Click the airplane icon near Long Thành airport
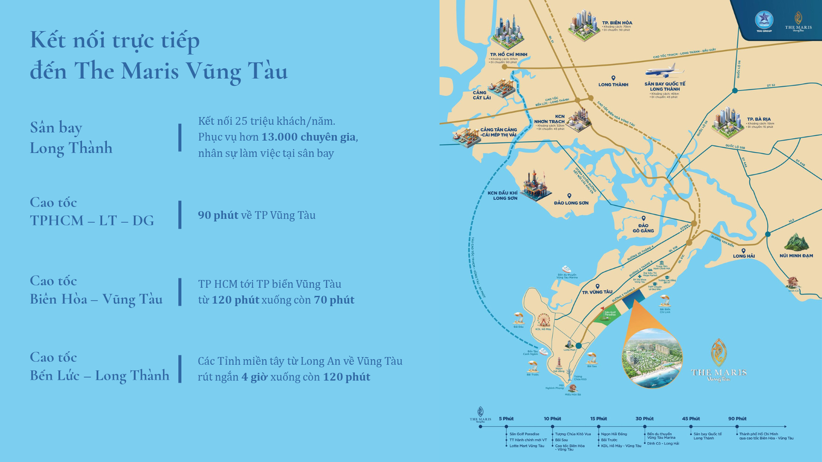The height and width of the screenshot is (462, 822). (x=664, y=71)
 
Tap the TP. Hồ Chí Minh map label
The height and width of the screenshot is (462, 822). (x=508, y=55)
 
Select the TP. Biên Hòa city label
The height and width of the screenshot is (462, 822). (x=617, y=23)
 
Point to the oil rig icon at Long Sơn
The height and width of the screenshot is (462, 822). (x=535, y=185)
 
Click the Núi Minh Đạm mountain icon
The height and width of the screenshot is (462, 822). (x=796, y=241)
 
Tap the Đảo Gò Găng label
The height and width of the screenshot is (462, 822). (x=643, y=228)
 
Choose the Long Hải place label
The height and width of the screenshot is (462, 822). (x=744, y=256)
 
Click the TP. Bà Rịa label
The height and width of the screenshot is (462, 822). (x=758, y=119)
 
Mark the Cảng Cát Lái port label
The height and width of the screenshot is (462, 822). (x=481, y=95)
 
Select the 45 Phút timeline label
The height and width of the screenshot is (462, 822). (x=691, y=419)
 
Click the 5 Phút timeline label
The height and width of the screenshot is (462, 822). (x=506, y=419)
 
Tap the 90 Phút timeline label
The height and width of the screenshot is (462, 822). (x=737, y=419)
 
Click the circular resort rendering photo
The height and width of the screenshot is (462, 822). (x=652, y=359)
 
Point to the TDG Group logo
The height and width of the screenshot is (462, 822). (x=764, y=21)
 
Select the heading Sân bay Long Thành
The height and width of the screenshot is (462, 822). (x=71, y=138)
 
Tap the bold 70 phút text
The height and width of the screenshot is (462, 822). (x=334, y=300)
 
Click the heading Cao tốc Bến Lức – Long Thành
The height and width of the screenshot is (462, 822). (x=100, y=366)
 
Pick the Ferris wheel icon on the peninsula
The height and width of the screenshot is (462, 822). (x=543, y=320)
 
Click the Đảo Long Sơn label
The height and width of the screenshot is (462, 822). (x=571, y=203)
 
